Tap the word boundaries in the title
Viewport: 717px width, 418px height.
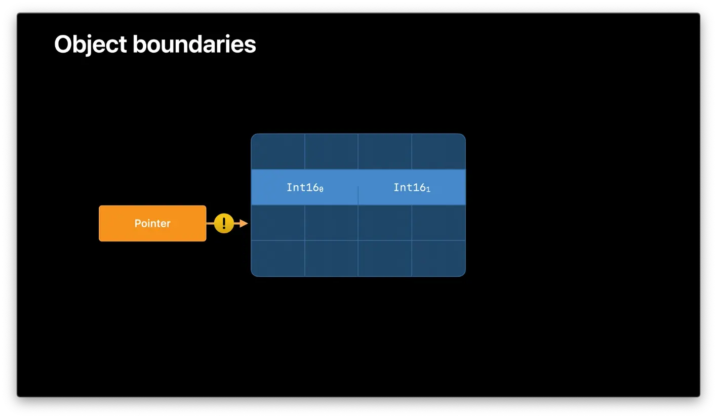pos(194,45)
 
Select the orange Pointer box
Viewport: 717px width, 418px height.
pos(152,223)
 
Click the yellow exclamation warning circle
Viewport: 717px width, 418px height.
pos(224,223)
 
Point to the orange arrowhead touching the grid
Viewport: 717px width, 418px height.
pos(244,223)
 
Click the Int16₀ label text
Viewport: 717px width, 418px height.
pos(305,187)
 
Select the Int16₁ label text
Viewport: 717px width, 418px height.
pos(412,187)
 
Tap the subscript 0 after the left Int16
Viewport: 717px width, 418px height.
pos(321,189)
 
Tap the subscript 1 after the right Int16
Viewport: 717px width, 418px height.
pos(428,189)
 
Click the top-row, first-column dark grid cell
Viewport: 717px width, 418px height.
pos(278,152)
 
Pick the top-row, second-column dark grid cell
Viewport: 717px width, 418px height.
pos(331,152)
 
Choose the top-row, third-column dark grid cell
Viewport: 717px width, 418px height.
pos(385,152)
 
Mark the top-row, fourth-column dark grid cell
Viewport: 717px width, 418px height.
pos(439,152)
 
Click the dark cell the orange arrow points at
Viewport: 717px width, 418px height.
pos(278,223)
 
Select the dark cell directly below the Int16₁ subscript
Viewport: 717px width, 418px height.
pos(439,223)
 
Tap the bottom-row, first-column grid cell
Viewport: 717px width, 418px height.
pos(278,258)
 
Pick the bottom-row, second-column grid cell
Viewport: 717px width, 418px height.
pos(331,258)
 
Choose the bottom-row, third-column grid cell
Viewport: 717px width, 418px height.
pos(385,258)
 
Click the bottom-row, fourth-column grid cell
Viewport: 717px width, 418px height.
pos(439,258)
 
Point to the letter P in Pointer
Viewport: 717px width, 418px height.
pos(137,223)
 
